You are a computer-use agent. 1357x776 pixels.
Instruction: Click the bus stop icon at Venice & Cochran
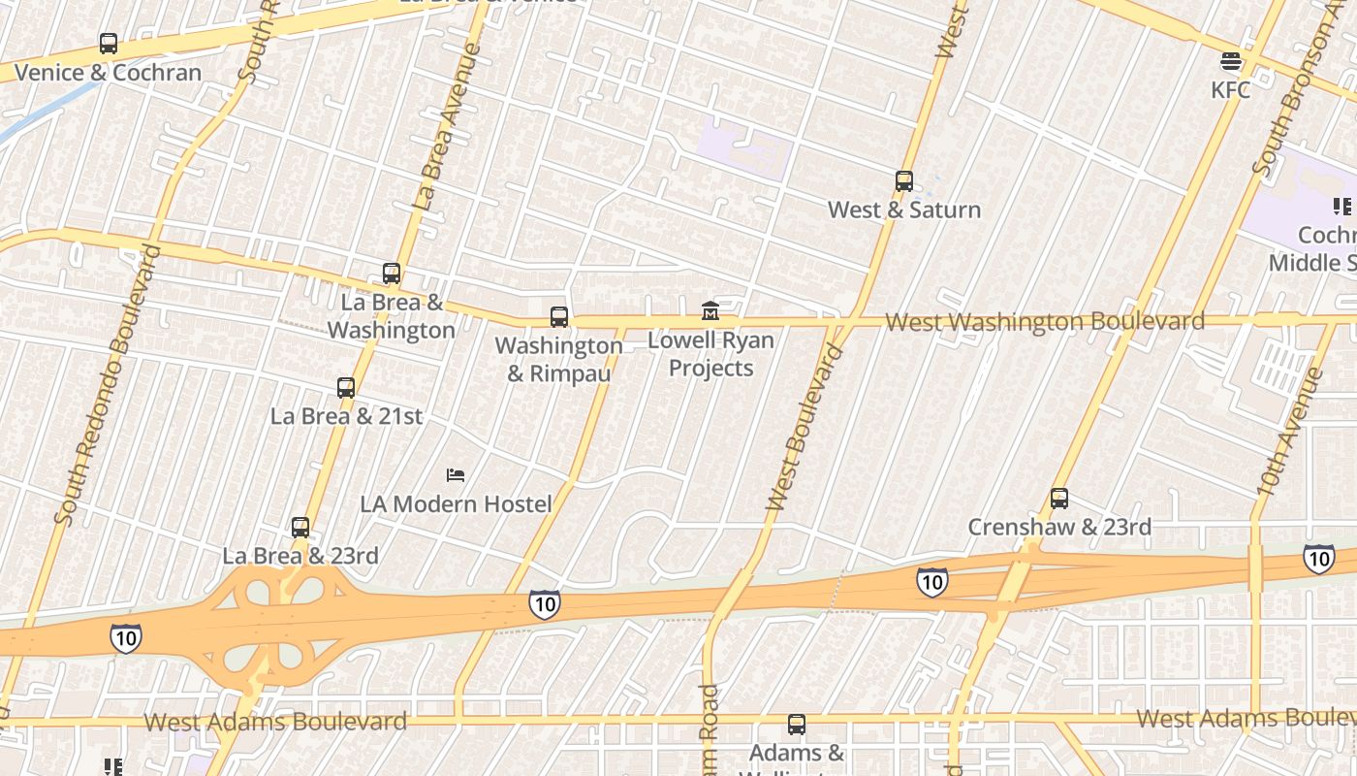tap(109, 44)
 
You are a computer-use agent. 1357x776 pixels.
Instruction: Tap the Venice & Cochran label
tap(108, 73)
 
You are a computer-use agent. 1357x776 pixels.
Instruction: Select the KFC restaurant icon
tap(1231, 62)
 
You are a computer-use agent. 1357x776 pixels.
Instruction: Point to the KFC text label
tap(1231, 90)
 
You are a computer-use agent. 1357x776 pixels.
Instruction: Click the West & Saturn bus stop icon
tap(904, 181)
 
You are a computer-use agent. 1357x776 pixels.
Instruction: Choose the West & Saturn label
tap(904, 210)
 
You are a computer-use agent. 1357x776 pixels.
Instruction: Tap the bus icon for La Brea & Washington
tap(392, 274)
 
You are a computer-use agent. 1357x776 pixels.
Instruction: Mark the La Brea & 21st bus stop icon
tap(346, 388)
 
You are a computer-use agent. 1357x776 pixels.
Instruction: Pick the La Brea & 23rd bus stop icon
tap(300, 528)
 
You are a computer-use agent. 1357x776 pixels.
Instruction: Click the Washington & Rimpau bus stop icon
tap(559, 317)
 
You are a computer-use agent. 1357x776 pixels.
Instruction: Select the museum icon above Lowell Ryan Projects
tap(710, 311)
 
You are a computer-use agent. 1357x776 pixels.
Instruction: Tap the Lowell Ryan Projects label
tap(711, 354)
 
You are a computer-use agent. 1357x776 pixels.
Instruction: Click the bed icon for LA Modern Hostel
tap(456, 475)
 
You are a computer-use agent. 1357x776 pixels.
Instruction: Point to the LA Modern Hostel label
tap(456, 504)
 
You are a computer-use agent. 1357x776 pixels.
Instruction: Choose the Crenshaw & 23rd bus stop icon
tap(1059, 499)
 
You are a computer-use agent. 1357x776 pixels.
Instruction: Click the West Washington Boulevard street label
tap(1045, 321)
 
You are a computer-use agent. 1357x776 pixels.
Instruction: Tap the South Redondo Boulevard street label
tap(108, 385)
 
